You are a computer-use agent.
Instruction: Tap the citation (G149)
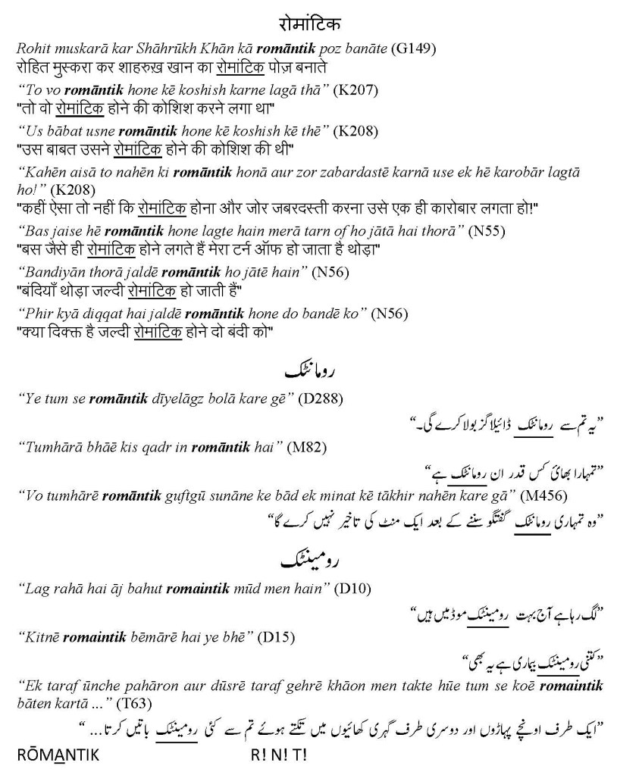pyautogui.click(x=413, y=50)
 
